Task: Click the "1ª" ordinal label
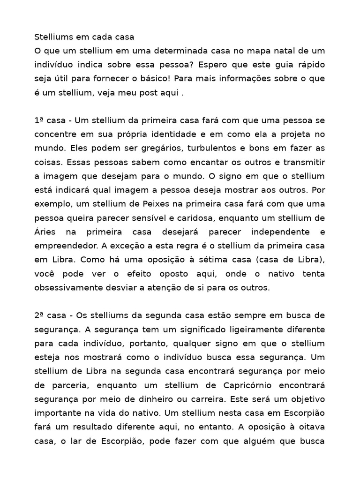tap(39, 120)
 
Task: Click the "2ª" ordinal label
tap(39, 315)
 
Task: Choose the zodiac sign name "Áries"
tap(45, 232)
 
